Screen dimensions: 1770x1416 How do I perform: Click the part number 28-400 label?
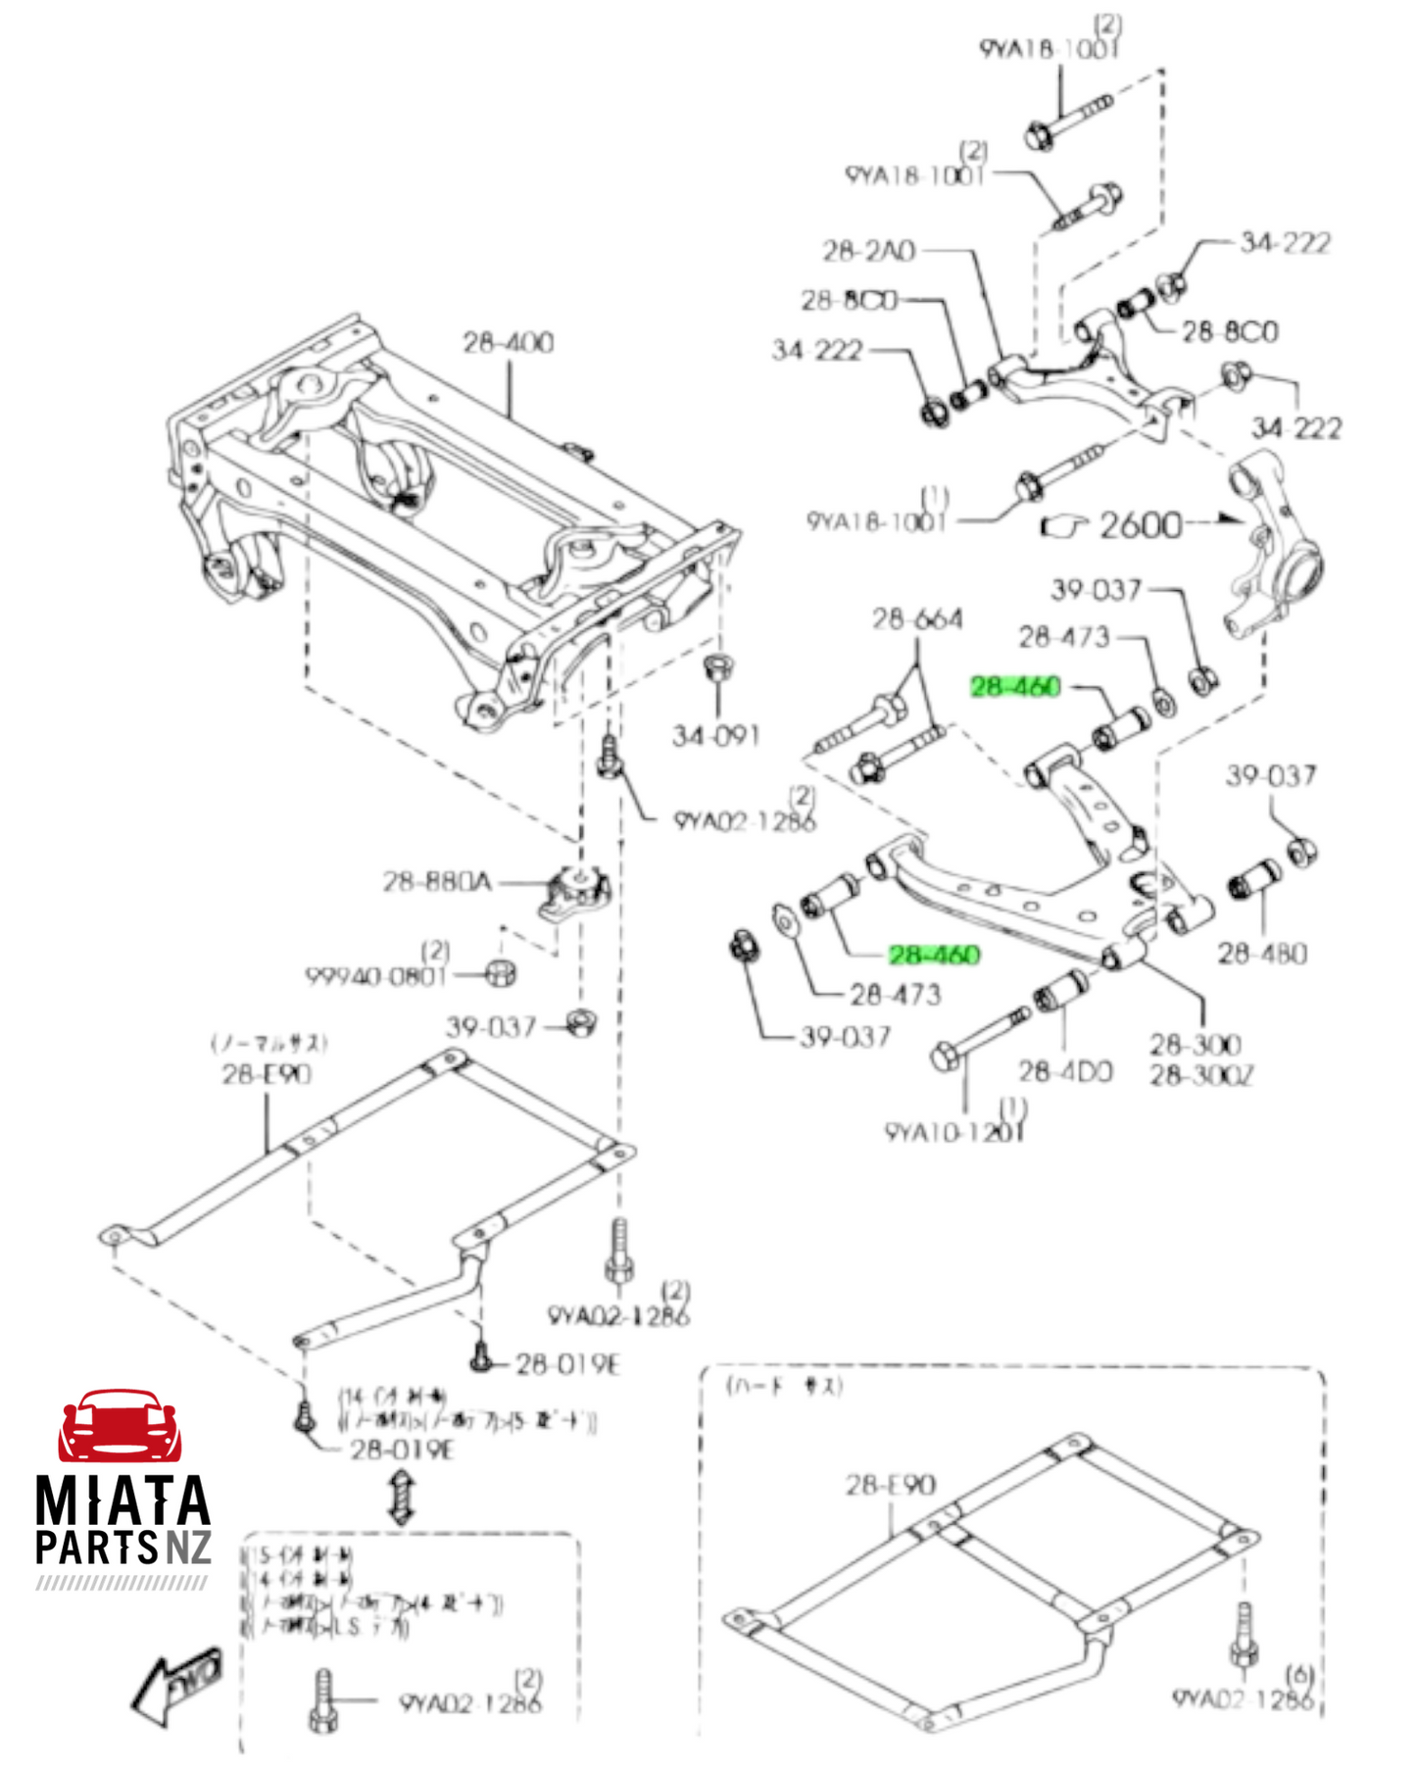508,342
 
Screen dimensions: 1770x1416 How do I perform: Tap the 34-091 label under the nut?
715,735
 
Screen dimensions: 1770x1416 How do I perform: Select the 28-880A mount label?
436,882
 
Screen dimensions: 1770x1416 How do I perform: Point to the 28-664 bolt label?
917,619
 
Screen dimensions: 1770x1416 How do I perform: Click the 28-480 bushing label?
1262,953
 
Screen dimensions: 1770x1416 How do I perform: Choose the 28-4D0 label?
1065,1071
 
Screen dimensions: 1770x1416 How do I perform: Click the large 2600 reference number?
1140,525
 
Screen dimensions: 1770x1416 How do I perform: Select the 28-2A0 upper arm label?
868,251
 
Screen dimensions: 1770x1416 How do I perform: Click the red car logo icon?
120,1426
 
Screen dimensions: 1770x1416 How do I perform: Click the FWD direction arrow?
177,1685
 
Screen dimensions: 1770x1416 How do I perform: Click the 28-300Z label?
1200,1076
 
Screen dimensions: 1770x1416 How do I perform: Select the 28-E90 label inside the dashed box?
890,1485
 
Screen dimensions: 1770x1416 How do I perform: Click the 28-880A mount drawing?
578,892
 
